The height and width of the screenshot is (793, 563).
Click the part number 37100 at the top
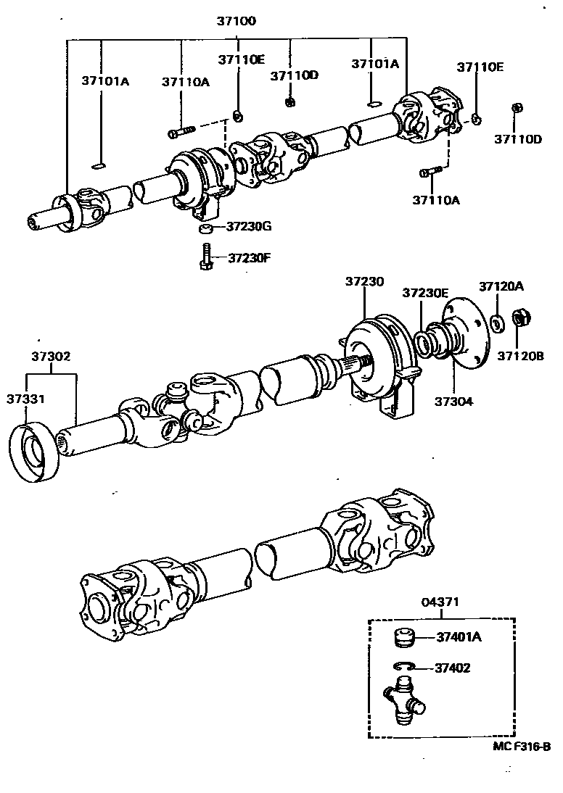[x=236, y=22]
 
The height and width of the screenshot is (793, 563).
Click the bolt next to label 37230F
[x=206, y=257]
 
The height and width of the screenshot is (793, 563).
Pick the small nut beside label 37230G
[x=206, y=229]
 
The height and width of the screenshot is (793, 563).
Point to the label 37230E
[x=426, y=293]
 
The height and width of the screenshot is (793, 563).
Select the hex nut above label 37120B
[x=520, y=318]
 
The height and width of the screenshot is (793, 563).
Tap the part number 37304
[x=454, y=399]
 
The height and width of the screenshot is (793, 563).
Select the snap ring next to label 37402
[x=403, y=668]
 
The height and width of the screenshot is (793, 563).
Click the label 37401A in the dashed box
[x=459, y=638]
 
